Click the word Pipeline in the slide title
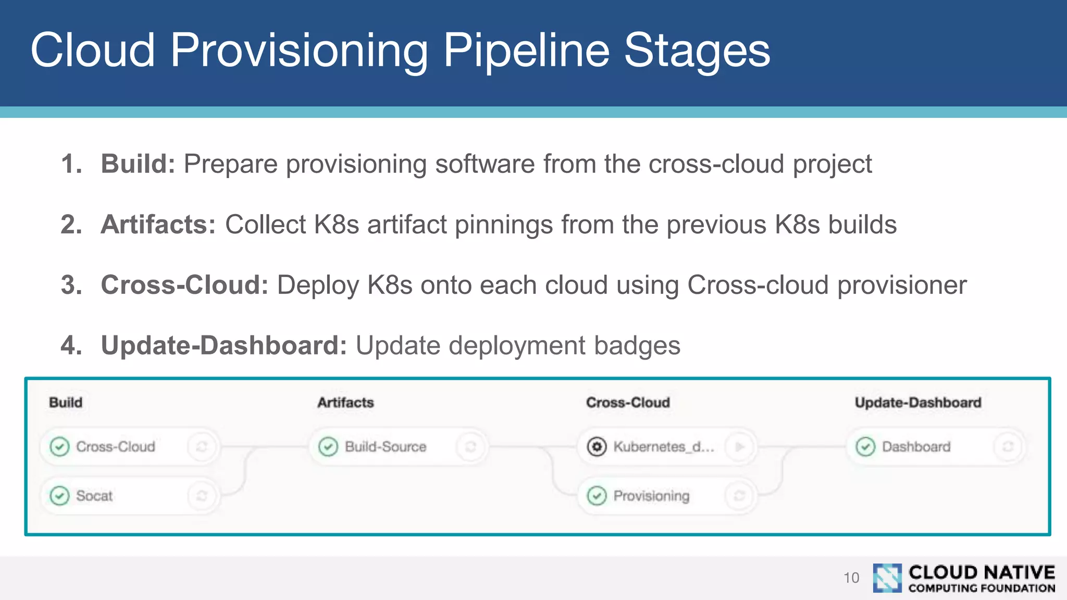(526, 51)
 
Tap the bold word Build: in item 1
(138, 164)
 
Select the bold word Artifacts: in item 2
(158, 225)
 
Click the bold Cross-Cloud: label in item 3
(184, 285)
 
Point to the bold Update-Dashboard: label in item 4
(224, 346)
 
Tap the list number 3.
(71, 285)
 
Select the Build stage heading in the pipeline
(66, 403)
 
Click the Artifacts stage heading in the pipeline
(345, 403)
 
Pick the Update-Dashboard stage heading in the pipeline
(917, 403)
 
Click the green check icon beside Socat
(59, 496)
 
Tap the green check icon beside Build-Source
(328, 447)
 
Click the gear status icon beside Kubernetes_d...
(597, 447)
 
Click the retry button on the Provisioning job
(739, 496)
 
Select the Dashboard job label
(916, 447)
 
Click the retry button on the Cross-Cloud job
(202, 447)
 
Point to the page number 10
(851, 578)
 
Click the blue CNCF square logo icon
(887, 578)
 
